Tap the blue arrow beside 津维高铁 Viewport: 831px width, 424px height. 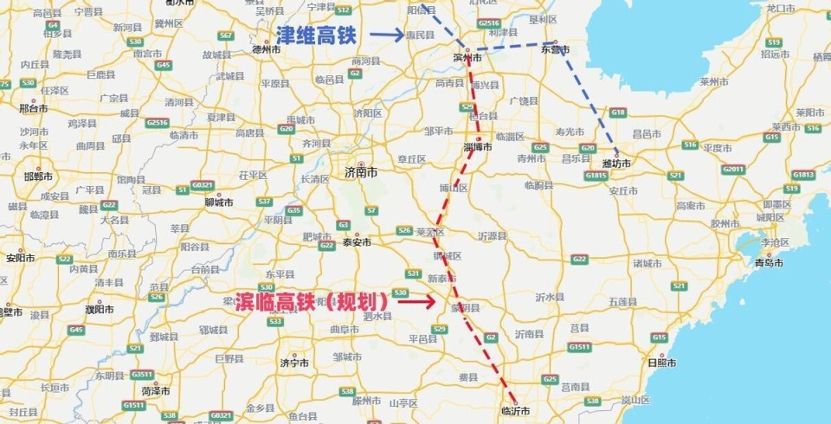[x=386, y=35]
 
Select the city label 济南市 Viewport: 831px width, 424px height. [x=361, y=173]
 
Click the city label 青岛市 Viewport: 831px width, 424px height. [x=768, y=262]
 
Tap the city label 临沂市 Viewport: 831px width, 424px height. [x=515, y=409]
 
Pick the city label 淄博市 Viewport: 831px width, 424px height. [x=478, y=146]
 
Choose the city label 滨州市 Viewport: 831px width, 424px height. [x=467, y=58]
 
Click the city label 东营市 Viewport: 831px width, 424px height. [x=555, y=49]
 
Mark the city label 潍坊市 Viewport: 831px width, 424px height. [x=615, y=163]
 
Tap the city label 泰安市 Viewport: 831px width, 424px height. [x=356, y=242]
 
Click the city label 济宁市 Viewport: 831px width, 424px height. [x=294, y=363]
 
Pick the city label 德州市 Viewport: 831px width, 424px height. [x=267, y=49]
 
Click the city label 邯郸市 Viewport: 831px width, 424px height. [x=39, y=176]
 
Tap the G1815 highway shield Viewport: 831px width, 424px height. [x=596, y=176]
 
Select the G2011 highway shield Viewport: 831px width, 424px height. [x=733, y=169]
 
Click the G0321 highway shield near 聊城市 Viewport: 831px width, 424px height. [x=201, y=185]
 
